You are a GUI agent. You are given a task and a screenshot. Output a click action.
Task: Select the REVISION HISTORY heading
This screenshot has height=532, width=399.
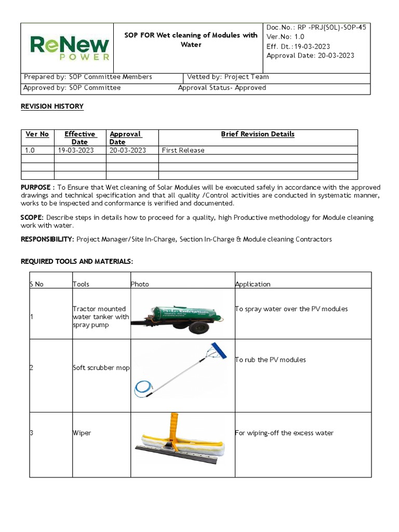coord(52,107)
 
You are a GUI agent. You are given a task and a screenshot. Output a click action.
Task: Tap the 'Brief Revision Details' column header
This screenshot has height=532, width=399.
coord(258,134)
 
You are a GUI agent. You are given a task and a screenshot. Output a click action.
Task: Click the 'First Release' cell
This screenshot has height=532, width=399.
coord(183,150)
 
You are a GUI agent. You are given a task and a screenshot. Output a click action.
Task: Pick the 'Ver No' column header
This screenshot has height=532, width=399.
coord(37,134)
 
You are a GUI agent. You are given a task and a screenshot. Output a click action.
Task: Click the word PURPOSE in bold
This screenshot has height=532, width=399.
coord(35,187)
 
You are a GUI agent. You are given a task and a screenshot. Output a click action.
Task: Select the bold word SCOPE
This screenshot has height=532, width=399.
coord(32,218)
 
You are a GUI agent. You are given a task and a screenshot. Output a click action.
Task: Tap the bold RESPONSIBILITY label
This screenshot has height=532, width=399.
coord(47,240)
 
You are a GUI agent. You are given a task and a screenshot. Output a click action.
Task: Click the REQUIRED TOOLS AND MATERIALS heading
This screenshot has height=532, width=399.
coord(77,261)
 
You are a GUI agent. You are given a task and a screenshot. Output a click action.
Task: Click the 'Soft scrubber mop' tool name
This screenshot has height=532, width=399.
coord(101,368)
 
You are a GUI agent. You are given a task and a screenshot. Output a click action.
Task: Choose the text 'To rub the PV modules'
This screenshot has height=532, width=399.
coord(270,360)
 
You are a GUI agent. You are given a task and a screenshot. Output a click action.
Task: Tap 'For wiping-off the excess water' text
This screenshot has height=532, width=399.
coord(284,433)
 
